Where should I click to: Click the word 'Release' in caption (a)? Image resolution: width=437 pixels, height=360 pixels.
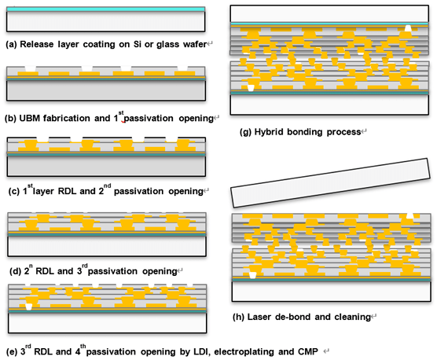pyautogui.click(x=36, y=44)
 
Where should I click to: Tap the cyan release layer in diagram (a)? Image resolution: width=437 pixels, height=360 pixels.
pyautogui.click(x=106, y=9)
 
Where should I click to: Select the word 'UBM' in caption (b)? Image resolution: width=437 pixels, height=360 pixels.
pyautogui.click(x=30, y=119)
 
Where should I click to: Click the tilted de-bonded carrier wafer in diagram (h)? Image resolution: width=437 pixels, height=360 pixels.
pyautogui.click(x=331, y=183)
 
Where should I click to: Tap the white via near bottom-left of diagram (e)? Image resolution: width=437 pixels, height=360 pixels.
pyautogui.click(x=29, y=307)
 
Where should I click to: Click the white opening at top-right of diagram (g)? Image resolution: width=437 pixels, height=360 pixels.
pyautogui.click(x=408, y=28)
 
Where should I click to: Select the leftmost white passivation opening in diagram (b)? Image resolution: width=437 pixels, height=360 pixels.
pyautogui.click(x=31, y=68)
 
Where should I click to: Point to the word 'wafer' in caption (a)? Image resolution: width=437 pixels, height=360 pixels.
pyautogui.click(x=195, y=44)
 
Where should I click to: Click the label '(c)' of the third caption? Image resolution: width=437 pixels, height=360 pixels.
pyautogui.click(x=14, y=192)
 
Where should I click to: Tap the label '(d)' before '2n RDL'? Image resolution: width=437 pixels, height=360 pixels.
pyautogui.click(x=15, y=271)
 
